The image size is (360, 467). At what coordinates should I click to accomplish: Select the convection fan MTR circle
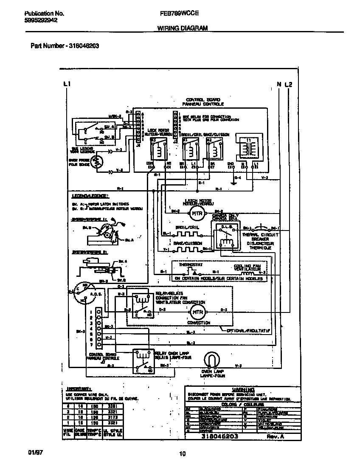tap(198, 313)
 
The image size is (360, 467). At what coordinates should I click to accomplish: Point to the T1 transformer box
tap(247, 149)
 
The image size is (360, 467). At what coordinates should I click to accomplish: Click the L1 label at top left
tap(66, 84)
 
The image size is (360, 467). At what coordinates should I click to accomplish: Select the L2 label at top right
tap(289, 84)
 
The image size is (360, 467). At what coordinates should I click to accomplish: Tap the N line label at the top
tap(279, 84)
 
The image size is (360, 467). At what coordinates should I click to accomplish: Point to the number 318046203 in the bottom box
tap(219, 436)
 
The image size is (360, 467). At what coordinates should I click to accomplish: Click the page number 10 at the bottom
tap(182, 454)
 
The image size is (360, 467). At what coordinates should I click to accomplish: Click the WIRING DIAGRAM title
tap(183, 28)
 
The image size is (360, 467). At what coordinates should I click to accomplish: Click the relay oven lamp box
tap(142, 360)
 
